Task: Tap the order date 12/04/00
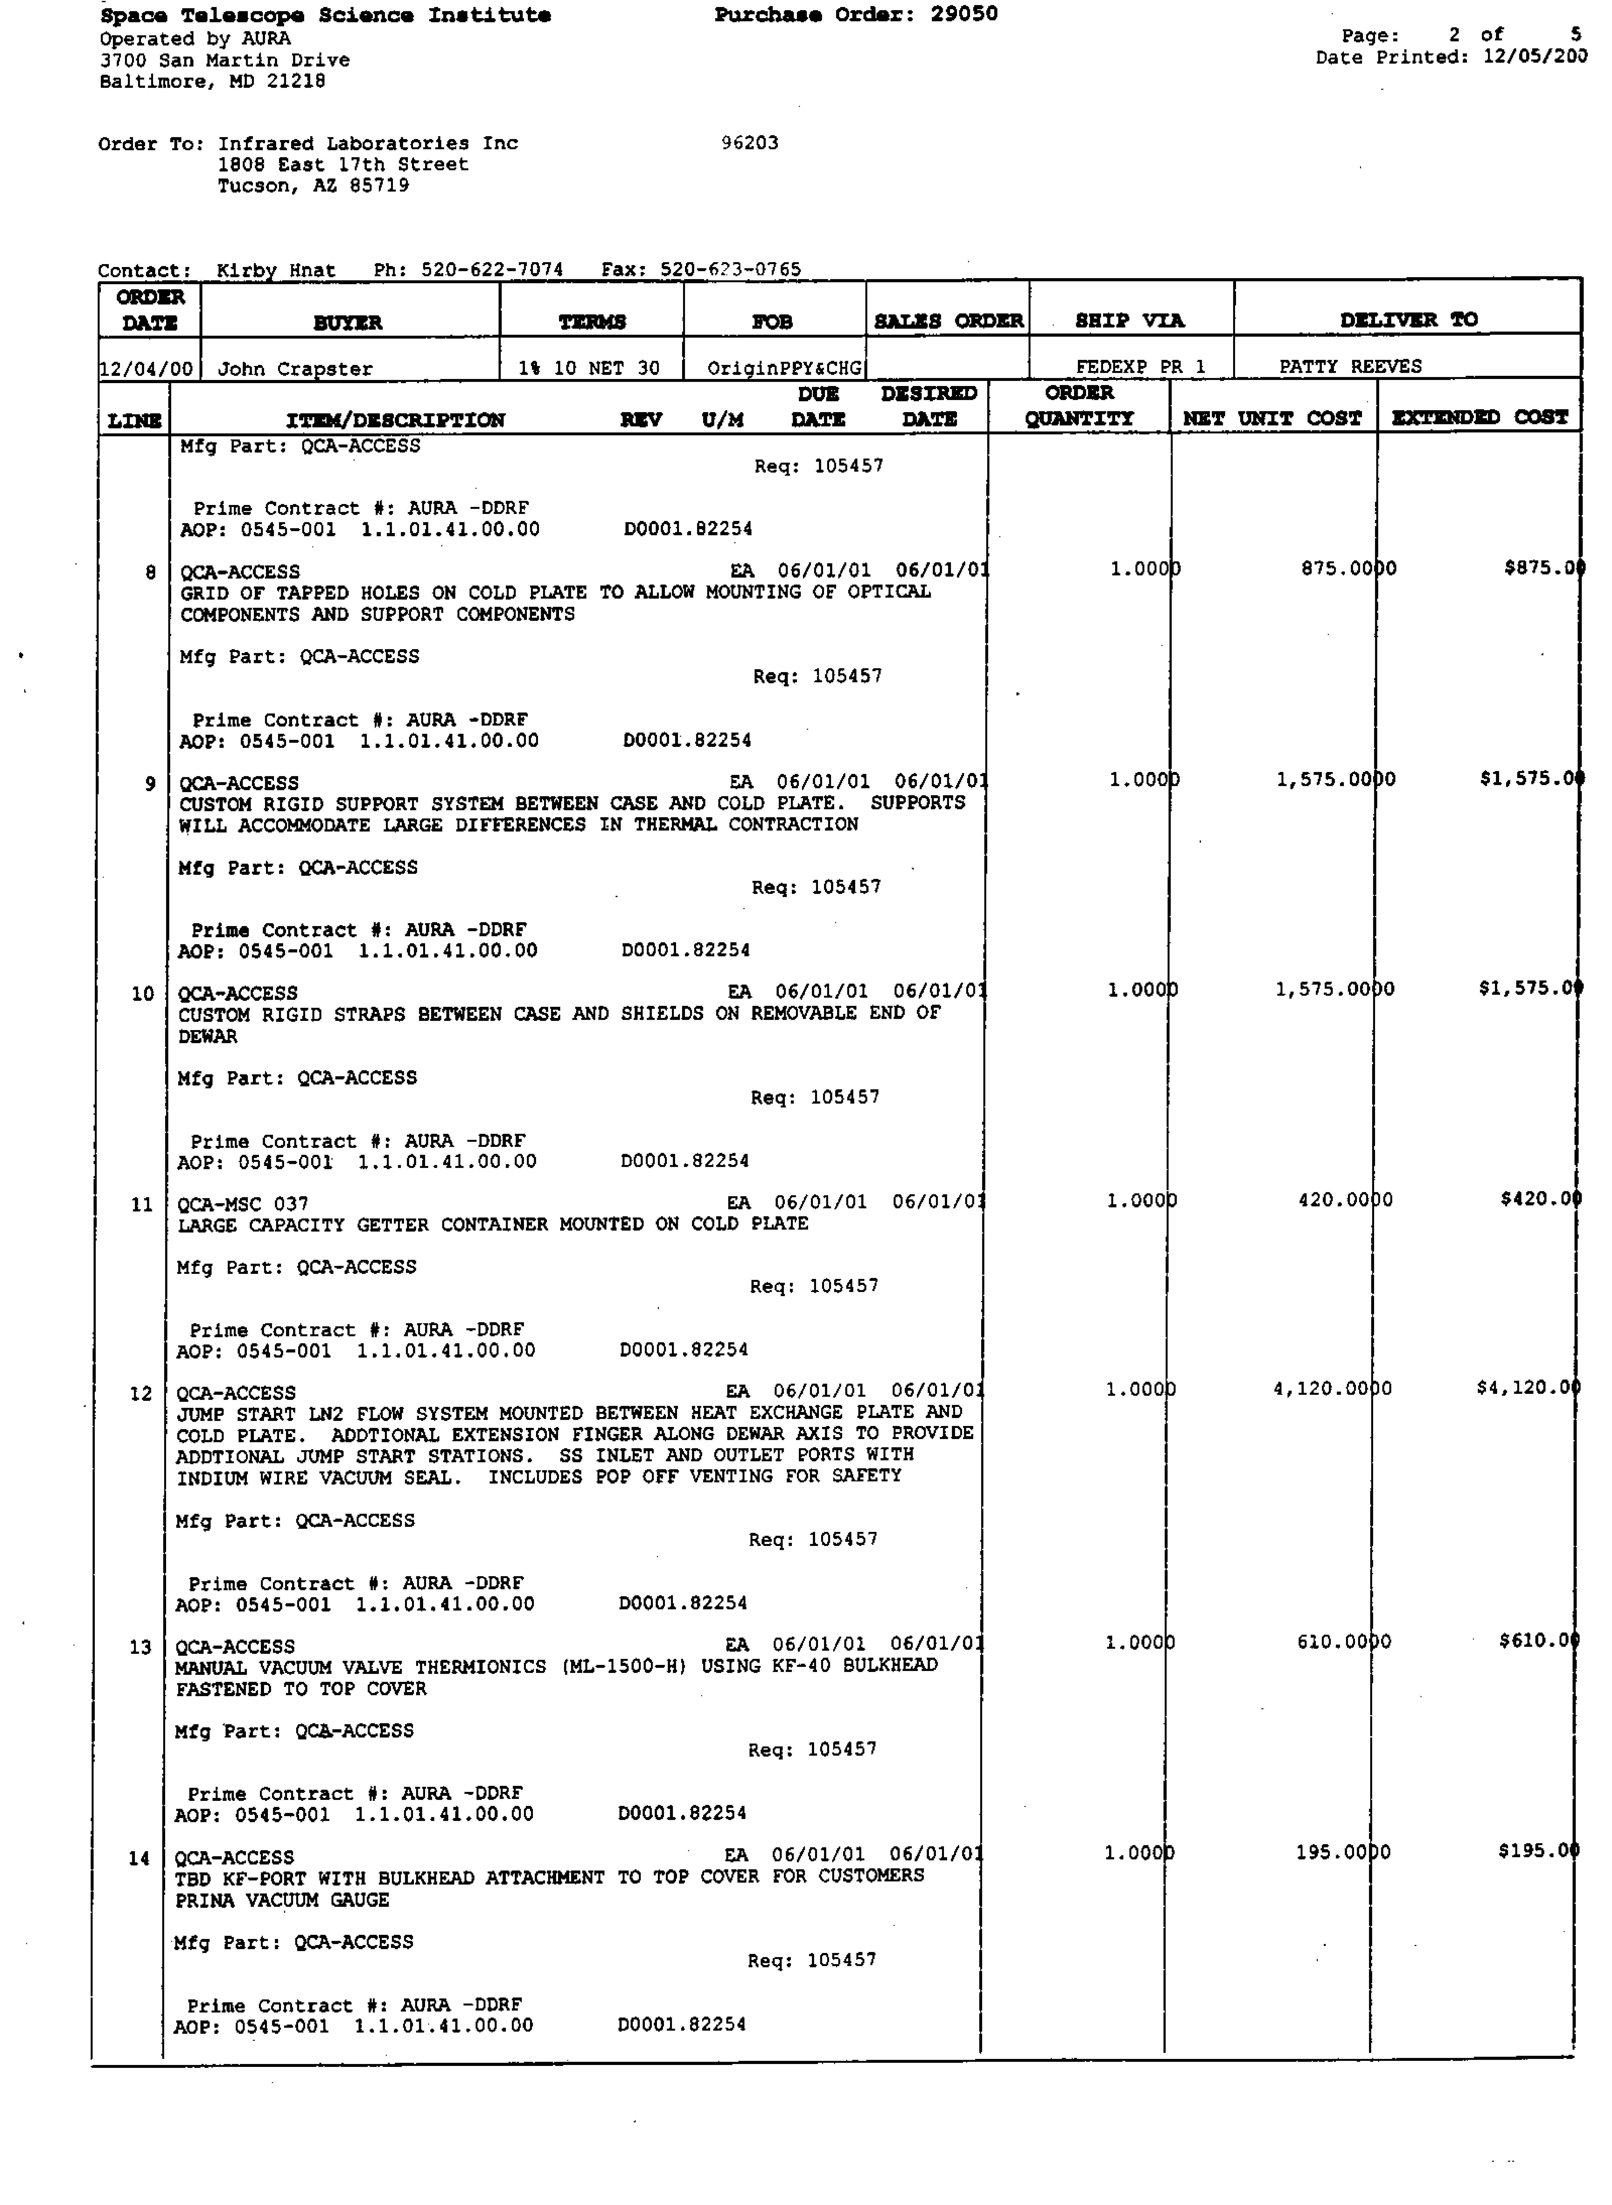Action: (x=148, y=369)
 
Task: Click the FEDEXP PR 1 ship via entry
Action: (x=1140, y=367)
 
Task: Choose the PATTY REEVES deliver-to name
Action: (x=1350, y=366)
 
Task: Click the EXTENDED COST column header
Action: (x=1479, y=418)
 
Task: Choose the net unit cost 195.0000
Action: (x=1343, y=1852)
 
